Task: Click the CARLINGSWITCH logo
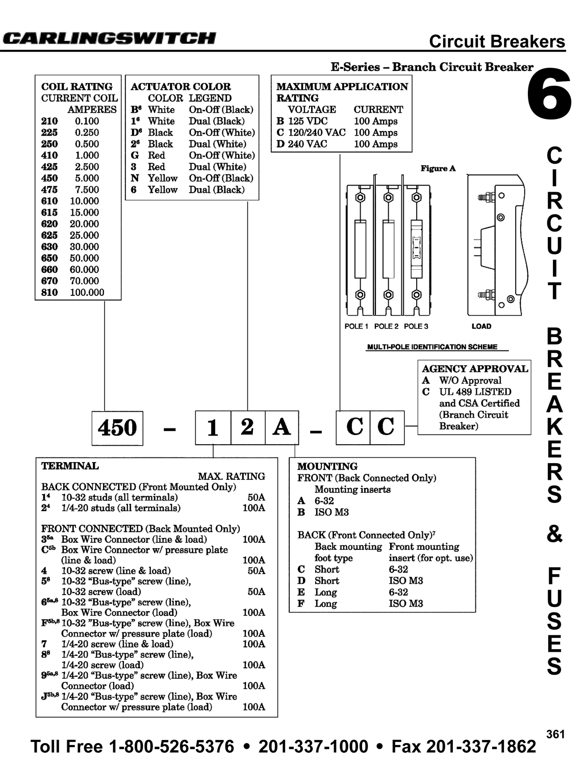click(x=110, y=38)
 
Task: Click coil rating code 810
click(x=49, y=292)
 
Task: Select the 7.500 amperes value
click(x=87, y=190)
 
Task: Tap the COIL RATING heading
click(x=77, y=86)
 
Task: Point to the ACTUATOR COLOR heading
click(x=181, y=86)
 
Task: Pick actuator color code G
click(x=135, y=156)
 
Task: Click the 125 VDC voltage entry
click(x=308, y=121)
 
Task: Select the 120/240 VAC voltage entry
click(x=317, y=133)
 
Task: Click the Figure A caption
click(x=438, y=168)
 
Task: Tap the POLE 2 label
click(x=386, y=326)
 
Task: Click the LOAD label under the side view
click(x=481, y=326)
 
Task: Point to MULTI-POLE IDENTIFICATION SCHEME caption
click(x=432, y=347)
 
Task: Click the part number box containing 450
click(x=117, y=428)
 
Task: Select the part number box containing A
click(x=282, y=427)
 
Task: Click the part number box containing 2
click(x=248, y=427)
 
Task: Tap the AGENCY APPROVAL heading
click(x=475, y=369)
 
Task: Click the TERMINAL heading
click(x=70, y=466)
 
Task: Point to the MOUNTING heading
click(x=327, y=466)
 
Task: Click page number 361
click(x=555, y=734)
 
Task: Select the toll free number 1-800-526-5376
click(x=171, y=747)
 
